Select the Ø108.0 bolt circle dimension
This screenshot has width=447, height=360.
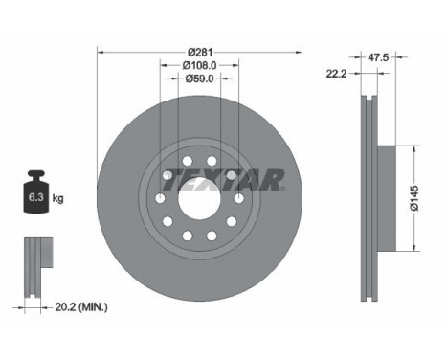tap(199, 65)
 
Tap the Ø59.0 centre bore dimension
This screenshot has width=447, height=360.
tap(199, 79)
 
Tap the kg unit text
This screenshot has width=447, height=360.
tap(58, 199)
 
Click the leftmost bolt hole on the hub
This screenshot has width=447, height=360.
tap(158, 198)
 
